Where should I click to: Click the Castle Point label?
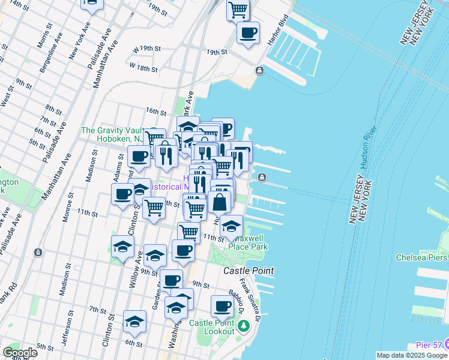coord(248,271)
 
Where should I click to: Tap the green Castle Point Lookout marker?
coord(243,327)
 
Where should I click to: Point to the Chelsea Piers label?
coord(421,257)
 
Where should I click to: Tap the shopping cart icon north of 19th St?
coord(238,10)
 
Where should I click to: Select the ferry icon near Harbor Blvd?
coord(259,71)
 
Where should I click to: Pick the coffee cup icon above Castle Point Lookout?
coord(222,306)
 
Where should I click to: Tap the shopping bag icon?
coord(220,202)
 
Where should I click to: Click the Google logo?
coord(20,353)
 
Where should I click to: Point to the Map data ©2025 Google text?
coord(412,355)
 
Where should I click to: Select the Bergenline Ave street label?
coord(51,50)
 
